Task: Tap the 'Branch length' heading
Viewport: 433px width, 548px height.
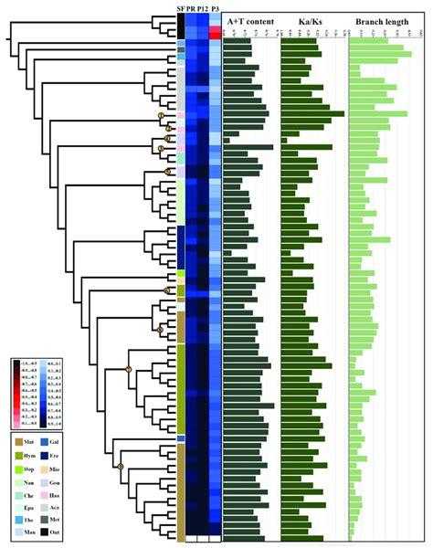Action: coord(382,20)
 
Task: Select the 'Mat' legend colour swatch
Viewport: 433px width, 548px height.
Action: coord(20,441)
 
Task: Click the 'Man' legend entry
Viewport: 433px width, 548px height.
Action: coord(20,531)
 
